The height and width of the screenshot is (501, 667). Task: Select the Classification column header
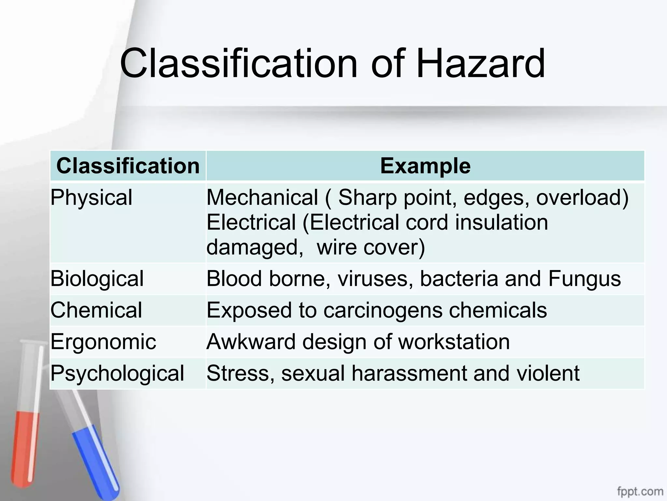[x=128, y=166]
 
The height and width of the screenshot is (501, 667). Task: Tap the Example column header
[x=425, y=166]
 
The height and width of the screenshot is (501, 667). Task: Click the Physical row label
[x=92, y=197]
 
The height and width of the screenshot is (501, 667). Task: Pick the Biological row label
[x=97, y=279]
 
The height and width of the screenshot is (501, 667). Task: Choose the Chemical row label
[x=96, y=310]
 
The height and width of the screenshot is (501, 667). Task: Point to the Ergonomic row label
[x=103, y=342]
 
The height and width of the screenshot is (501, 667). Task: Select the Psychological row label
[x=117, y=373]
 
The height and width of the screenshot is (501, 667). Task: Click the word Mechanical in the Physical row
[x=263, y=197]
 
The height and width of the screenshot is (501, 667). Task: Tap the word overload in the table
[x=582, y=197]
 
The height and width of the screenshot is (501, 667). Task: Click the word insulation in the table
[x=501, y=222]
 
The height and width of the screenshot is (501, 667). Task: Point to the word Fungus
[x=585, y=279]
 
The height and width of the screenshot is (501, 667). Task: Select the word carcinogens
[x=383, y=310]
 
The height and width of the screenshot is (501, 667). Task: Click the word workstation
[x=454, y=342]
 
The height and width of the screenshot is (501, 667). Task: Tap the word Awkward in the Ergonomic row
[x=251, y=342]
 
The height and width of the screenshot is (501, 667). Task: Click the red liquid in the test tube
[x=24, y=447]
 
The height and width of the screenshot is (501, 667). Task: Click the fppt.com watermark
[x=640, y=491]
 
